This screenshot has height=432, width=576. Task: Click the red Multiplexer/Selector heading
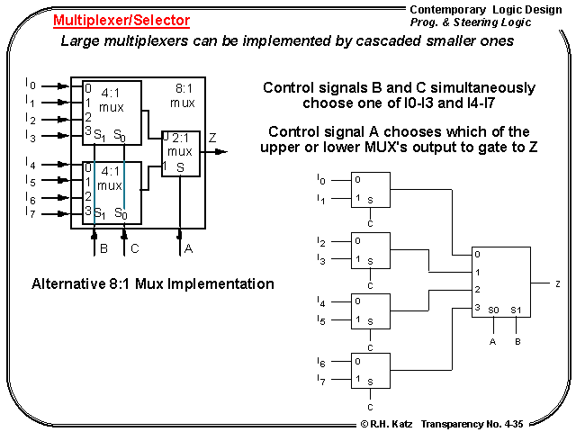point(121,20)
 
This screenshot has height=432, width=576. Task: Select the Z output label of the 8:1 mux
point(212,138)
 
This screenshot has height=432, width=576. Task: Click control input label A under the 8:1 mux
point(188,247)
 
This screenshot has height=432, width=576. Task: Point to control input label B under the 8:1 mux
point(103,247)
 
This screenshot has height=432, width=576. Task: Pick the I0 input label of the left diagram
point(31,85)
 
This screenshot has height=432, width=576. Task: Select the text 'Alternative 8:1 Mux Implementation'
point(153,283)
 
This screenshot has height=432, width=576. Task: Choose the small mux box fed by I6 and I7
point(364,372)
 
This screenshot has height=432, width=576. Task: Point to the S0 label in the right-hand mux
point(493,310)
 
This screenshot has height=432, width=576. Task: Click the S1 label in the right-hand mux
point(516,310)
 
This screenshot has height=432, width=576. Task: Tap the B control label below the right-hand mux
point(517,341)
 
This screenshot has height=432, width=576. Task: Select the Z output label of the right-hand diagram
point(558,283)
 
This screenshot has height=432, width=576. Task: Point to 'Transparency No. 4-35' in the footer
point(472,423)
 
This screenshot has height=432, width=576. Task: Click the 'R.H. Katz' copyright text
point(388,423)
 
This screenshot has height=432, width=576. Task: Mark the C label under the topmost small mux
point(369,222)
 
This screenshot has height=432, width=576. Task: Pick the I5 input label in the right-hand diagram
point(321,319)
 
